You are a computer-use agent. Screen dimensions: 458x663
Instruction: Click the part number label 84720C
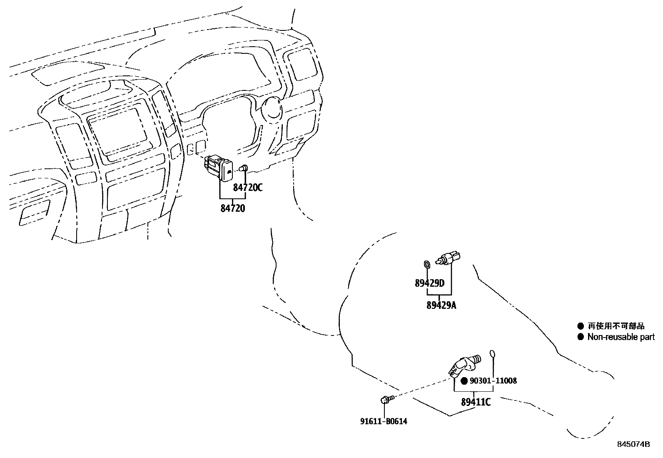point(248,188)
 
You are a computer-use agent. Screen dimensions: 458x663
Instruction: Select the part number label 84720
point(233,208)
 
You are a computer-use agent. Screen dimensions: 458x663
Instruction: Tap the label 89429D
point(430,283)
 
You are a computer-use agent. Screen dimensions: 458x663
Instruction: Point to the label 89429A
point(441,305)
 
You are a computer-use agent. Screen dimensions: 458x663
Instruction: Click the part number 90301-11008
point(493,381)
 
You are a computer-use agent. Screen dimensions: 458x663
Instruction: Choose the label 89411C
point(476,403)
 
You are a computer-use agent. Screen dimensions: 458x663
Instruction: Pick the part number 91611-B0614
point(384,421)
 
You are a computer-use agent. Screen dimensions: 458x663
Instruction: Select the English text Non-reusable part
point(621,337)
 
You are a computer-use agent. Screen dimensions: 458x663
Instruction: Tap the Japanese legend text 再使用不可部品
point(616,326)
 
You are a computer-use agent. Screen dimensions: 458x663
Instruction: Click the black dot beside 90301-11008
point(464,381)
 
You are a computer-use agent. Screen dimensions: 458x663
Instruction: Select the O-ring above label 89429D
point(426,263)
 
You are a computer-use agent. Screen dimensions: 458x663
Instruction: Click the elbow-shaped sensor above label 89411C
point(463,364)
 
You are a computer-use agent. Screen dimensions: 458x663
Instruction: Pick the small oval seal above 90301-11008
point(493,354)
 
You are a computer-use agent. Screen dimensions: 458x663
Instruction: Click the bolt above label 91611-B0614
point(385,400)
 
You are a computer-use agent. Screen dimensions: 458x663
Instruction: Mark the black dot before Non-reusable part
point(581,337)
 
